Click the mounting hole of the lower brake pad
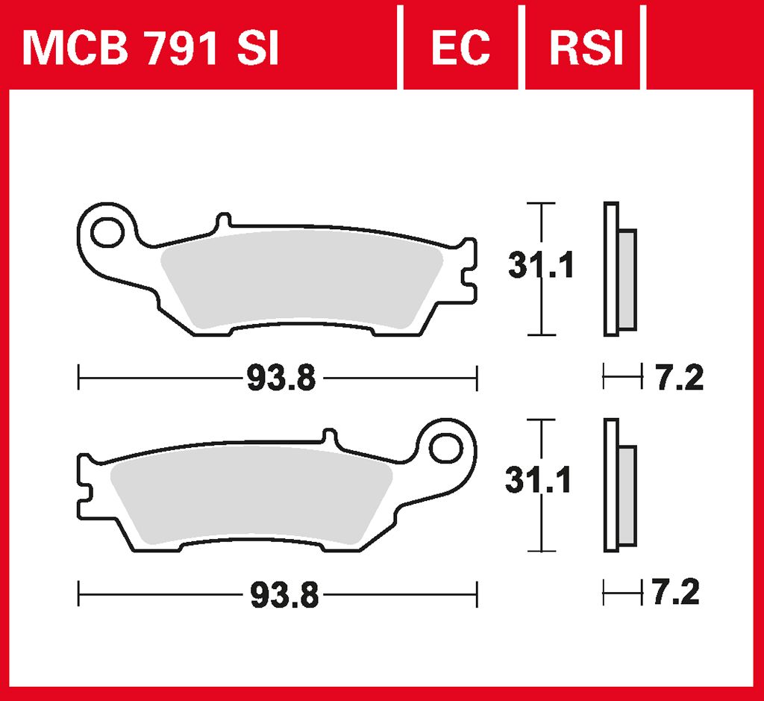click(446, 449)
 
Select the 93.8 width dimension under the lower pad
click(283, 596)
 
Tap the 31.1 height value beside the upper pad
click(540, 266)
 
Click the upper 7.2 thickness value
click(677, 378)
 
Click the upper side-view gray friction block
click(627, 280)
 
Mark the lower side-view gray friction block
click(627, 496)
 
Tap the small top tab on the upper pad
click(222, 222)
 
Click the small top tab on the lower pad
click(330, 437)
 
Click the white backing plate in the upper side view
click(611, 269)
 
